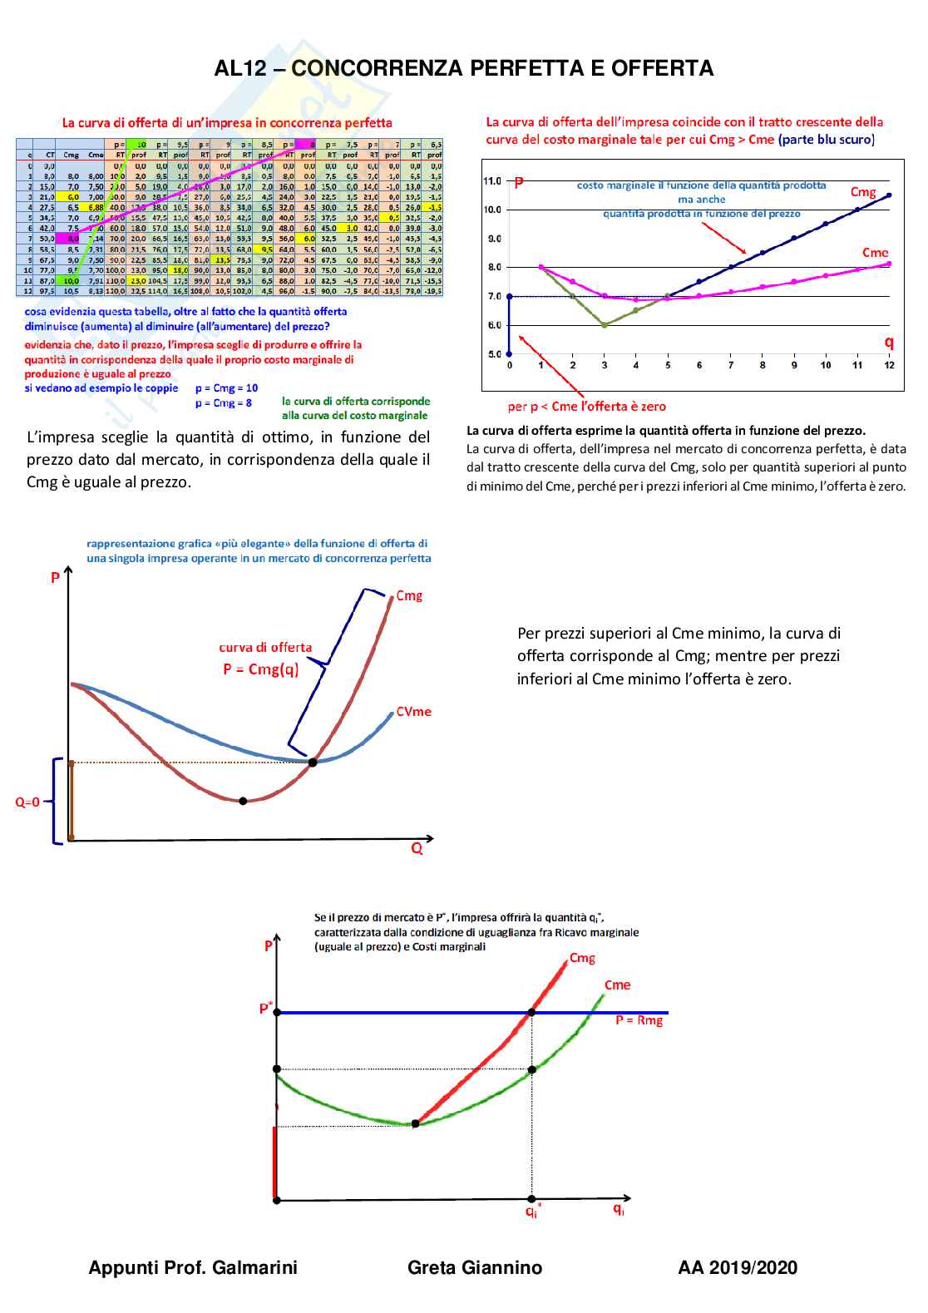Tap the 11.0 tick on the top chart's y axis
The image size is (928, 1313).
coord(492,180)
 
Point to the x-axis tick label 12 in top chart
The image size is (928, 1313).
coord(889,365)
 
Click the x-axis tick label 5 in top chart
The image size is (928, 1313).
coord(668,365)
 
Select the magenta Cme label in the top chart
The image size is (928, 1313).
coord(875,252)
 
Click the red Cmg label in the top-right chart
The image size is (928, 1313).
coord(863,192)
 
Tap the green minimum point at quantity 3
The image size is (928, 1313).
coord(605,324)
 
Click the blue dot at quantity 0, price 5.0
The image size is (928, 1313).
coord(510,354)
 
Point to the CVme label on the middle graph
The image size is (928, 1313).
coord(413,712)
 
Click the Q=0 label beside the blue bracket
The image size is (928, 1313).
coord(27,802)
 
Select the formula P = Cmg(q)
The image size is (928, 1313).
coord(260,669)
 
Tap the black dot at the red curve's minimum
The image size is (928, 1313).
coord(243,801)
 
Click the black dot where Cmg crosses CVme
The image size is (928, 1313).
coord(313,762)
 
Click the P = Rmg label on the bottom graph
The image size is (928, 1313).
coord(639,1020)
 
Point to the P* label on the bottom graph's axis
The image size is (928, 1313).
coord(266,1009)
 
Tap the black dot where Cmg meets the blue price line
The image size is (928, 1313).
coord(531,1012)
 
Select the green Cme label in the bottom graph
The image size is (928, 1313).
coord(617,985)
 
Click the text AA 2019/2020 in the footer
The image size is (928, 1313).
coord(738,1268)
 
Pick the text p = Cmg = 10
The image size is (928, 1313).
coord(226,388)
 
